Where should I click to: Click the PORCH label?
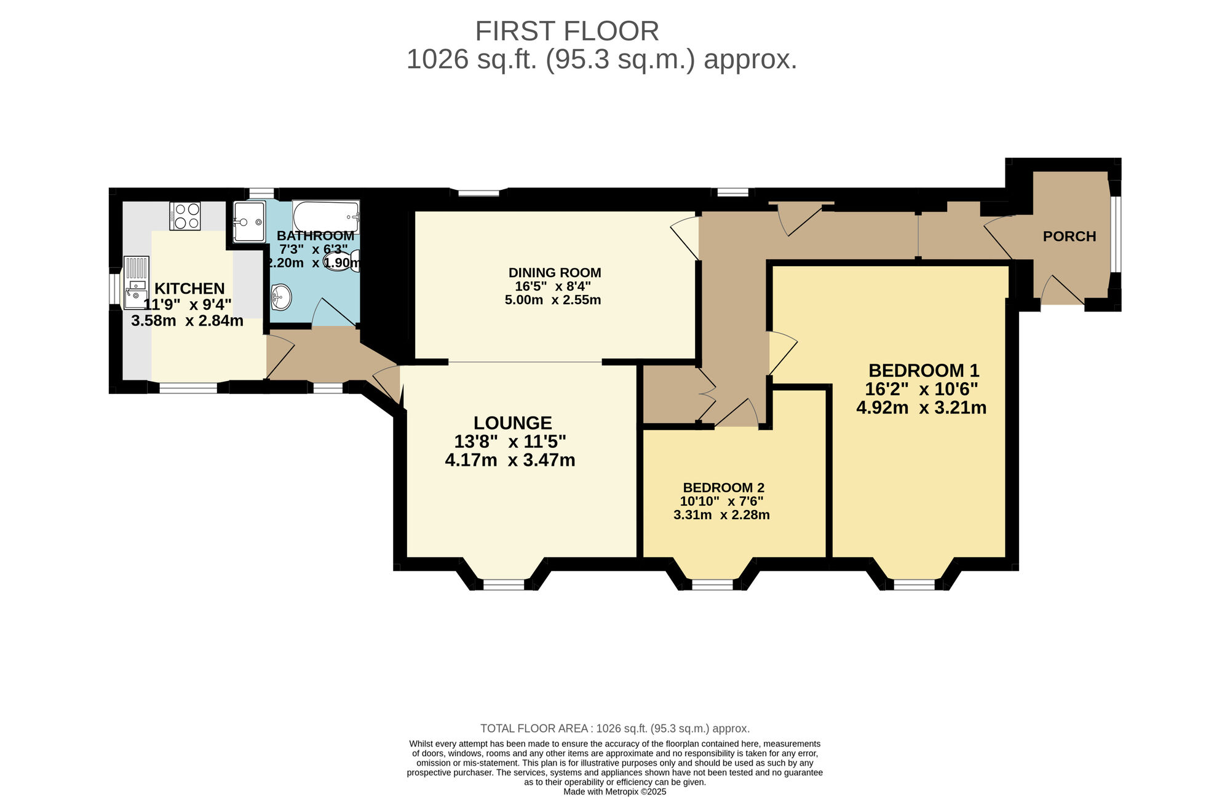1069,237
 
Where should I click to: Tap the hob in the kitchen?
185,216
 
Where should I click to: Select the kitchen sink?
136,282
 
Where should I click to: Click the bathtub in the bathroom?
325,216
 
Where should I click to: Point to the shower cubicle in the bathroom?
249,221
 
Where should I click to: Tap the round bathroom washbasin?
281,297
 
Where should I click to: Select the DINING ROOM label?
554,273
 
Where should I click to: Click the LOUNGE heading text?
512,423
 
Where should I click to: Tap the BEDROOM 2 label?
723,488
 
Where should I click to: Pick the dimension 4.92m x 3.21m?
921,407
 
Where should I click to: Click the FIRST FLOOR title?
566,31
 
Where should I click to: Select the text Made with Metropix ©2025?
614,792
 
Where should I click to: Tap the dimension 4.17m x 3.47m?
510,460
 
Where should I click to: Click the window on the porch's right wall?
1115,234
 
